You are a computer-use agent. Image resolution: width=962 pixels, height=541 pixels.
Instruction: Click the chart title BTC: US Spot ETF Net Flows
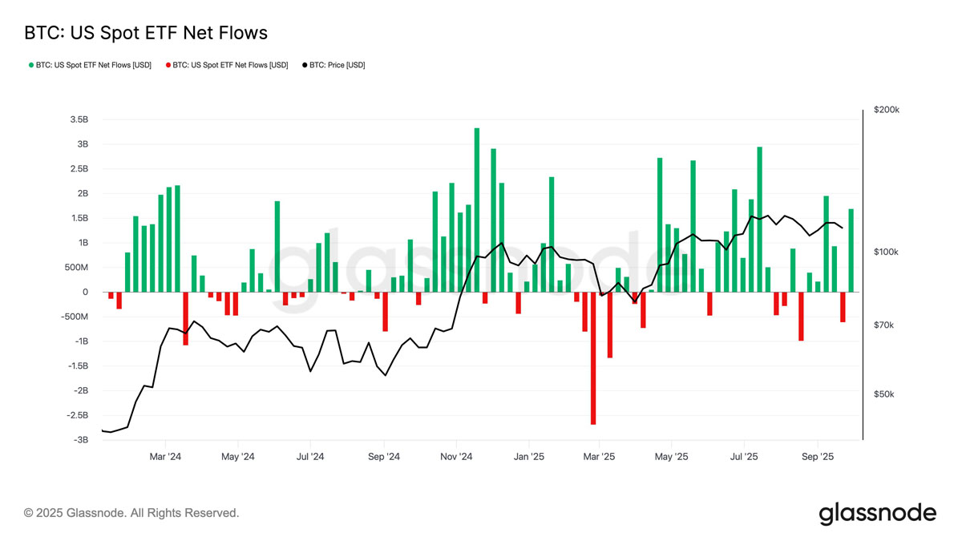[146, 33]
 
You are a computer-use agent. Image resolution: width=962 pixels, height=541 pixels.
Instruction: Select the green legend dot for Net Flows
[31, 65]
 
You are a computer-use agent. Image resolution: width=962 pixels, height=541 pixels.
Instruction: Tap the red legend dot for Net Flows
[168, 65]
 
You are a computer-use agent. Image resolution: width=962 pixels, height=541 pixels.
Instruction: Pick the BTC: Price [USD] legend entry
[333, 65]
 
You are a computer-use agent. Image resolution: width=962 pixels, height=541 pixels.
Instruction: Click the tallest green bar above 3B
[477, 210]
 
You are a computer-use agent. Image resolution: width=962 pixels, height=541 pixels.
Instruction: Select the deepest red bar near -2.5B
[593, 358]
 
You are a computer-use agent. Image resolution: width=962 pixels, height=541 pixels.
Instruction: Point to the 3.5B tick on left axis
[79, 119]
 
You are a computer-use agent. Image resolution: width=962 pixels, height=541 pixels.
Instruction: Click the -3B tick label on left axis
[81, 440]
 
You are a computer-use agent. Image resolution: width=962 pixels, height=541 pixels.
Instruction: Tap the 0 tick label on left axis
[85, 292]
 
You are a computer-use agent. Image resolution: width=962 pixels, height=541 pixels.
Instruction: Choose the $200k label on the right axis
[887, 110]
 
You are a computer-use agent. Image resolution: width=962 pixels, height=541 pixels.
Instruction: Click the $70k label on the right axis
[883, 325]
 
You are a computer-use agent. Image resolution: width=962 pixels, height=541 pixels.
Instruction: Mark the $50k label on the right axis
[883, 394]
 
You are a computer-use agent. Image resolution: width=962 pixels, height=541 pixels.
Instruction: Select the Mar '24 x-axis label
[165, 457]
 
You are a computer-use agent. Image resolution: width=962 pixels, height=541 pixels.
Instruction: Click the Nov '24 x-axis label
[456, 457]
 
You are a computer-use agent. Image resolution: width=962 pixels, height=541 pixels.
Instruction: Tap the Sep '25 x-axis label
[818, 457]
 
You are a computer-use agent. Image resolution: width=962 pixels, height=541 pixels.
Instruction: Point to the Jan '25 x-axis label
[528, 457]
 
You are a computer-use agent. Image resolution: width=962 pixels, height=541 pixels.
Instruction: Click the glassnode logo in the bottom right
[877, 514]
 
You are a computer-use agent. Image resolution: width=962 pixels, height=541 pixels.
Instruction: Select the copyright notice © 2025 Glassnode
[131, 513]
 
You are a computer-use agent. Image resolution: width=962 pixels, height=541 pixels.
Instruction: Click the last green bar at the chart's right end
[851, 250]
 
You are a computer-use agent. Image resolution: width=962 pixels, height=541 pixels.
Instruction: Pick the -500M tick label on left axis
[75, 317]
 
